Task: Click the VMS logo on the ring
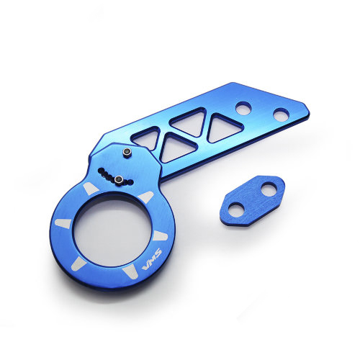click(152, 260)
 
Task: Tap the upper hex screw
click(127, 153)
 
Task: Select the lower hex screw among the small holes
click(119, 180)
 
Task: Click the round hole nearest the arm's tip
click(282, 114)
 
